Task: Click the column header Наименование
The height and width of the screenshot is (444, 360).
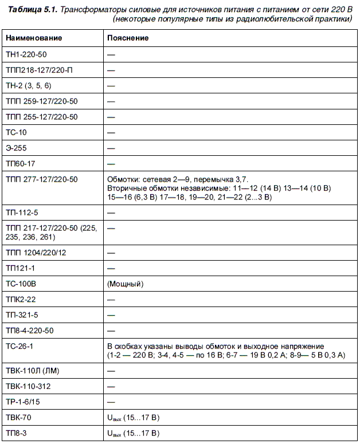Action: coord(34,38)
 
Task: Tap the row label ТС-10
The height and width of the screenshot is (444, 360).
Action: coord(16,132)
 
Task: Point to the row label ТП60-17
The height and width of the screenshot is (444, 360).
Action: coord(21,163)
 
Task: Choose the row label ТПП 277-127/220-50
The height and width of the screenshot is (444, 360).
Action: coord(41,179)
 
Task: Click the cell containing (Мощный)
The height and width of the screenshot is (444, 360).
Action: coord(125,284)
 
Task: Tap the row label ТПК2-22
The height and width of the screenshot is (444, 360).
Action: coord(22,300)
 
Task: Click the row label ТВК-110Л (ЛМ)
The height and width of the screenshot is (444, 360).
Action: coord(32,371)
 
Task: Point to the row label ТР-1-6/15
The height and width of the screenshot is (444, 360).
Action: coord(24,402)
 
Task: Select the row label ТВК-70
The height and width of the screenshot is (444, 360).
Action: coord(18,417)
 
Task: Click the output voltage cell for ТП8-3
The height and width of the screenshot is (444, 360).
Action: coord(133,433)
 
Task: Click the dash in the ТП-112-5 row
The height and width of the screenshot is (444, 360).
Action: coord(111,213)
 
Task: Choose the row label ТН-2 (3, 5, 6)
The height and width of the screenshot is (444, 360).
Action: coord(29,85)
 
